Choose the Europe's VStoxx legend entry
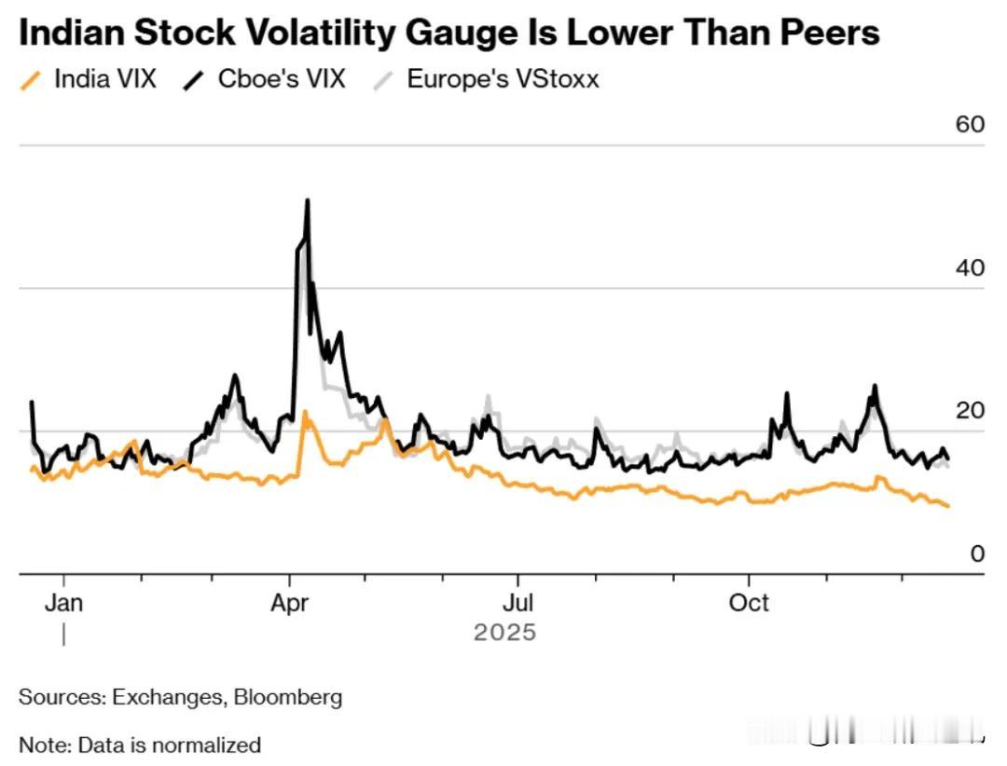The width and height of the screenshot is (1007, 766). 503,79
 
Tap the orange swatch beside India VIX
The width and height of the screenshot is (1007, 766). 32,80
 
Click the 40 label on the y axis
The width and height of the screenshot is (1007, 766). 971,267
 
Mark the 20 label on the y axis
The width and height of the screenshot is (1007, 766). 971,411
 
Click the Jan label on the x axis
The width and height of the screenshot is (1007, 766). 63,603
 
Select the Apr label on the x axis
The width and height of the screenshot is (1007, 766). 289,603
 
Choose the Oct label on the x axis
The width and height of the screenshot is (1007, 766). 749,603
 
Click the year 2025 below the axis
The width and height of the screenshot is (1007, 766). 504,633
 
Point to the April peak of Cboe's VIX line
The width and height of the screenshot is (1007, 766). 307,201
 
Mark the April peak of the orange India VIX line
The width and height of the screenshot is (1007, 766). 305,412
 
